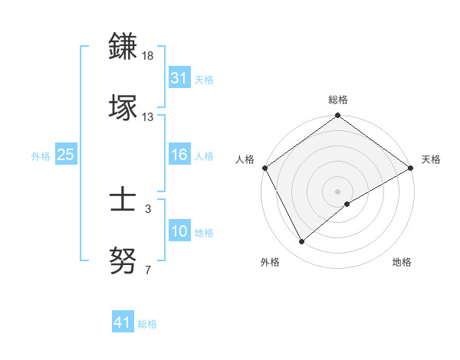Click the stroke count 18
coord(148,57)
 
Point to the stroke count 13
coord(148,117)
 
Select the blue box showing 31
coord(179,78)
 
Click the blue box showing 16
coord(179,155)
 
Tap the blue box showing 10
coord(179,232)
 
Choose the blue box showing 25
coord(66,155)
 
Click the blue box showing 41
coord(123,323)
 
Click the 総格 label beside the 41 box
coord(147,324)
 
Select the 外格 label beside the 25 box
coord(41,156)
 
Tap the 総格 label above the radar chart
coord(338,100)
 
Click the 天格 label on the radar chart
coord(431,159)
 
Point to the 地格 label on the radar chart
coord(402,262)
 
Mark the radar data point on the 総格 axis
coord(337,116)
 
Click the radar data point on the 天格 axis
coord(411,168)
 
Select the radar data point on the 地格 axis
coord(347,204)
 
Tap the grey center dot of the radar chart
coord(337,191)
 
